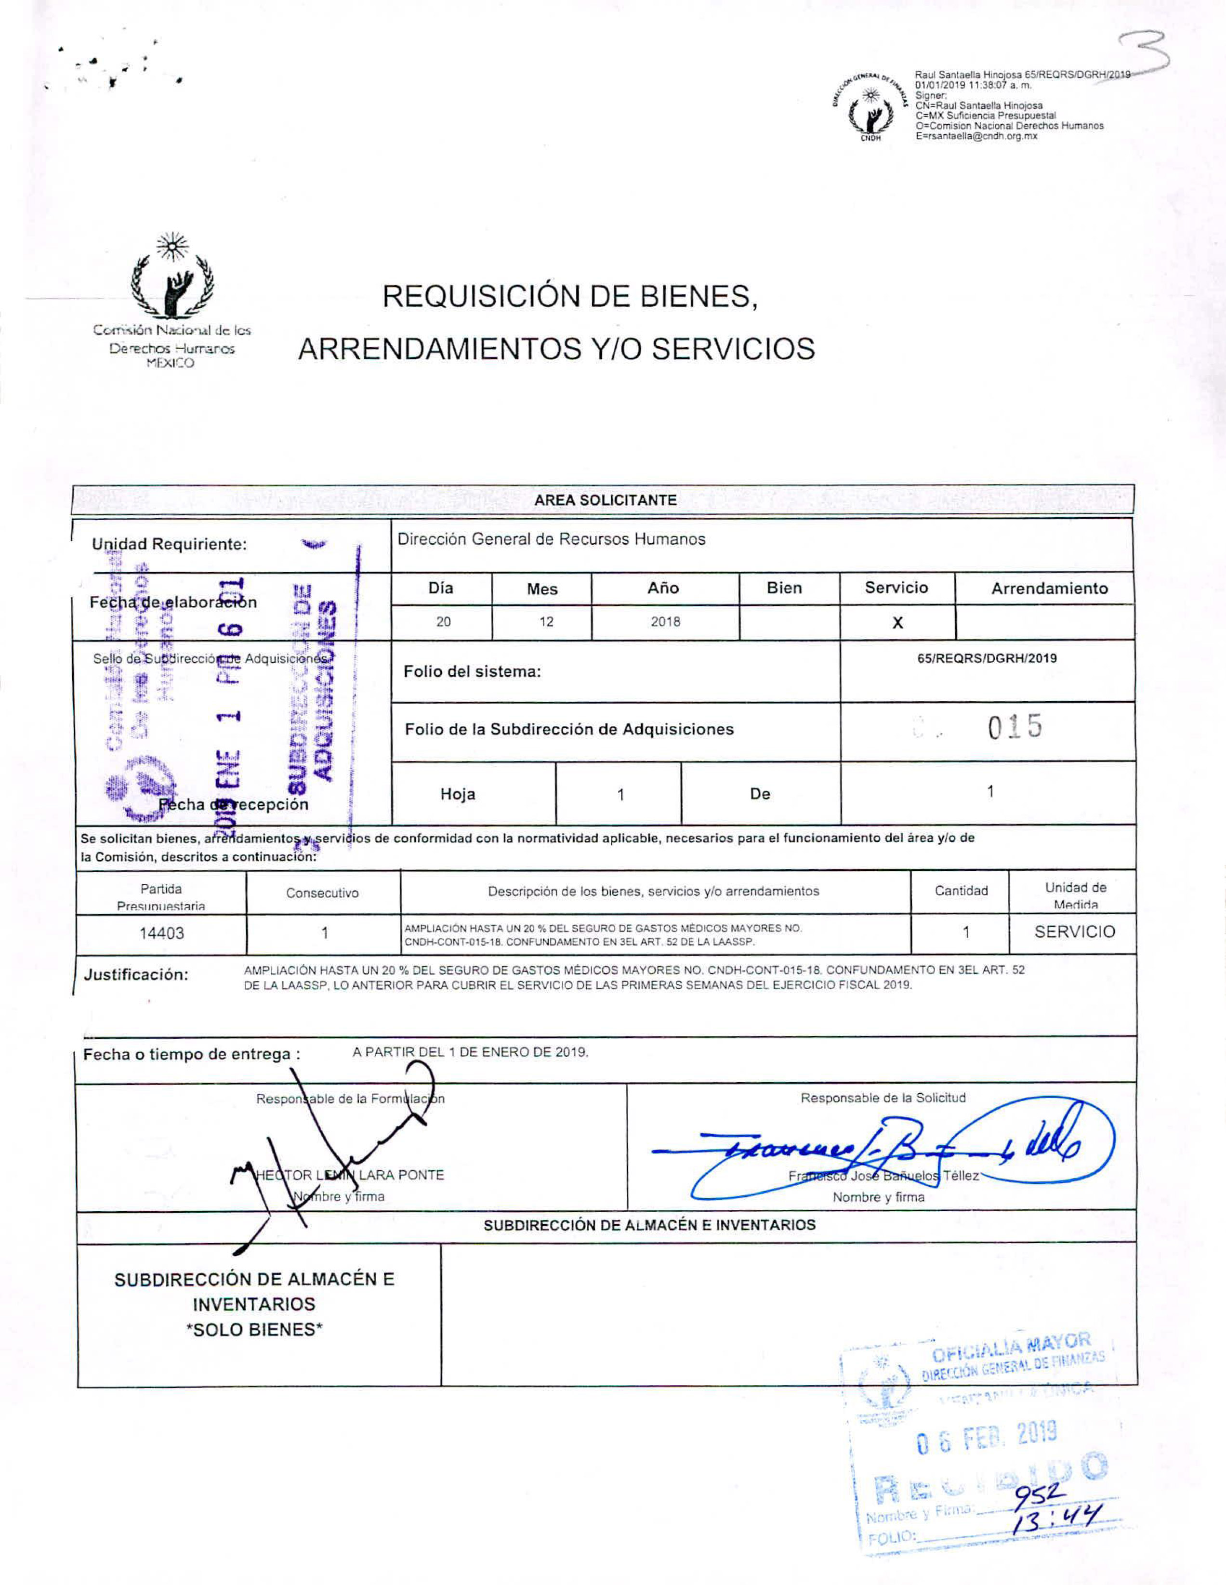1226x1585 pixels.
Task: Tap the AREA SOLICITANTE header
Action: [x=605, y=500]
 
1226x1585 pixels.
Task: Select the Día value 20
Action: [x=443, y=622]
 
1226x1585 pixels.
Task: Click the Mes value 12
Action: [x=546, y=622]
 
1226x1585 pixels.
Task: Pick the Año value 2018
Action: [x=665, y=622]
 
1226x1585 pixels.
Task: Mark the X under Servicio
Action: [x=897, y=623]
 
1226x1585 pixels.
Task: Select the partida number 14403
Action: [x=161, y=933]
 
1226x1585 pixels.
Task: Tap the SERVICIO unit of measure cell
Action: [x=1074, y=932]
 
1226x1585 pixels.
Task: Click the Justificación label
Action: [x=136, y=975]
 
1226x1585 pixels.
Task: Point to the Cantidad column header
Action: [x=961, y=891]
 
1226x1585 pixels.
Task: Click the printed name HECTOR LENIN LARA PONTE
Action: [x=350, y=1175]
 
